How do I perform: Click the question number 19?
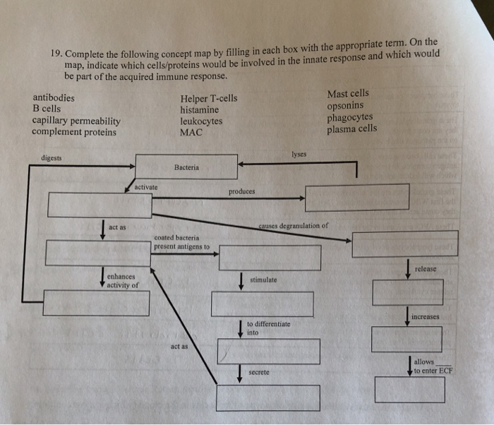[x=57, y=54]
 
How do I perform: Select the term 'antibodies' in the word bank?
[x=54, y=98]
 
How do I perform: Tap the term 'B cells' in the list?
[x=47, y=109]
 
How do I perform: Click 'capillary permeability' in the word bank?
[x=76, y=121]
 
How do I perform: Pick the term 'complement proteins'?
[x=74, y=131]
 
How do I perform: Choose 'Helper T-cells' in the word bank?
[x=209, y=99]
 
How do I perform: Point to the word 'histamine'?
[x=200, y=110]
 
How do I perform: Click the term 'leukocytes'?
[x=201, y=121]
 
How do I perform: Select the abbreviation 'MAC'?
[x=191, y=132]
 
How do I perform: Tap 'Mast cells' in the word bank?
[x=348, y=94]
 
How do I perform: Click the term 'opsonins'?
[x=346, y=106]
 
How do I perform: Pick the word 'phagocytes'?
[x=350, y=117]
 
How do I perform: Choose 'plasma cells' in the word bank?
[x=352, y=128]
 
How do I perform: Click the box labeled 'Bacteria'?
[x=186, y=167]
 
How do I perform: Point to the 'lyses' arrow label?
[x=298, y=153]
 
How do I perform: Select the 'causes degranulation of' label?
[x=293, y=226]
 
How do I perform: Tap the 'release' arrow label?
[x=426, y=269]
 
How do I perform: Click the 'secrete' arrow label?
[x=259, y=371]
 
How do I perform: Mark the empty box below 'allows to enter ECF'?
[x=409, y=390]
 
